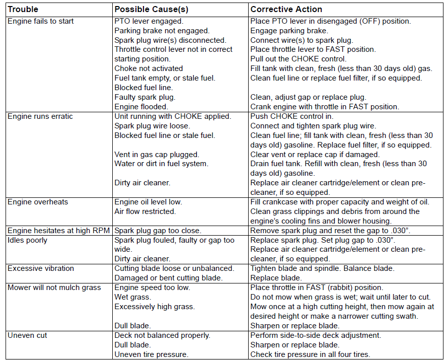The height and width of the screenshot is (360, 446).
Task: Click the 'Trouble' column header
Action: pyautogui.click(x=23, y=9)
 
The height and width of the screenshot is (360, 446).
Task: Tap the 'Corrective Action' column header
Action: pyautogui.click(x=286, y=9)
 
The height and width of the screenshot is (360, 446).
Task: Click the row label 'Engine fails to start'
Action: pyautogui.click(x=41, y=21)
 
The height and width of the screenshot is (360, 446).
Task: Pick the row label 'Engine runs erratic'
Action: pyautogui.click(x=40, y=116)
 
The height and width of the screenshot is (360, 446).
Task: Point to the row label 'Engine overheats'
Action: pyautogui.click(x=38, y=202)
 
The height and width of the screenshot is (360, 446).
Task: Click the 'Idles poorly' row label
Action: pyautogui.click(x=28, y=240)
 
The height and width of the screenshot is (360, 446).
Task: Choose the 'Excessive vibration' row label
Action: pyautogui.click(x=41, y=268)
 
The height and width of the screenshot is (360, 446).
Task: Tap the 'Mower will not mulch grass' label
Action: pyautogui.click(x=54, y=287)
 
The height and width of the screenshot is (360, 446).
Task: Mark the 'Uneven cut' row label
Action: pyautogui.click(x=27, y=335)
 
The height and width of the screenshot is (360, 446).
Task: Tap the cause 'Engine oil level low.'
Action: pyautogui.click(x=148, y=202)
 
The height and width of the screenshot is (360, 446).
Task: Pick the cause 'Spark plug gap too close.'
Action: pyautogui.click(x=158, y=231)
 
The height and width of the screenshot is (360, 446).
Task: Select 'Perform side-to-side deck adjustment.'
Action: pyautogui.click(x=316, y=335)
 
